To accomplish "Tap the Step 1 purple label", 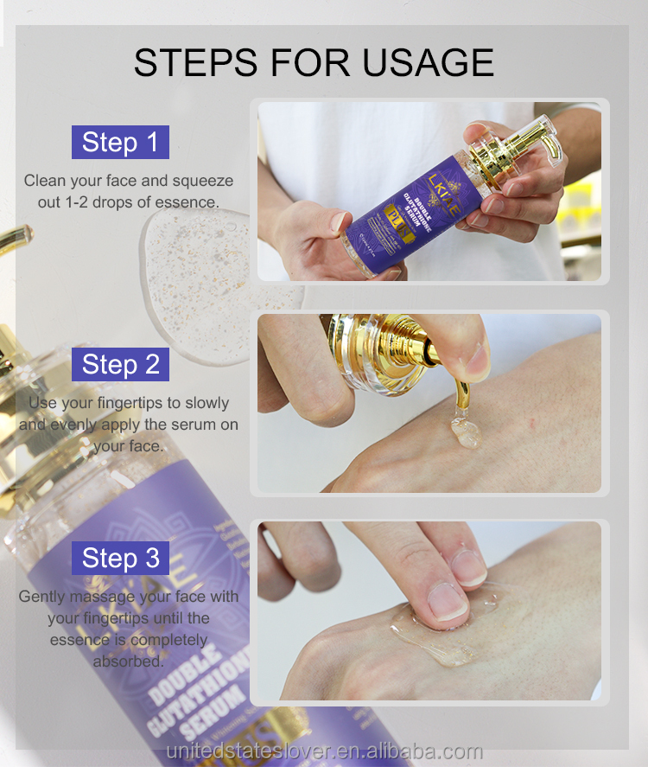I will tap(120, 142).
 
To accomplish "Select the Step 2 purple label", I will tap(120, 365).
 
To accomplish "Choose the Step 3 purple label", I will tap(120, 558).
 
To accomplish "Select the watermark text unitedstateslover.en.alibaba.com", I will tap(324, 751).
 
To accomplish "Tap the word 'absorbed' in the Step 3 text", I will tap(129, 662).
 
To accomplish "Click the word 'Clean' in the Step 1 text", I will tap(44, 181).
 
